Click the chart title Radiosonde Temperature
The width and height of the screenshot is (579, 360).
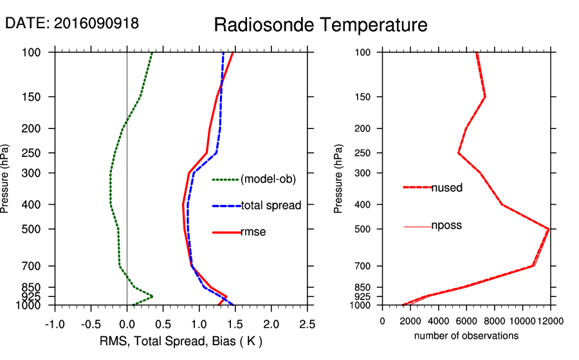pos(320,26)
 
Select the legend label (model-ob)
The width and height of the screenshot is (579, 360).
pos(268,179)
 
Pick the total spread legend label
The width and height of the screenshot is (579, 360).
pos(271,206)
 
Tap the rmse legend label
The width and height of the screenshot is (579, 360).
pos(253,232)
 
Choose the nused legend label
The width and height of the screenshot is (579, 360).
pos(446,188)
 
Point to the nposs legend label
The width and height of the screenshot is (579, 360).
pos(446,226)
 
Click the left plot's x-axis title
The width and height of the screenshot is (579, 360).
pos(181,340)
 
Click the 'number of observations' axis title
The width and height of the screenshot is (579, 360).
pos(466,336)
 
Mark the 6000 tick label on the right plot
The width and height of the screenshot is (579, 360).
pos(466,321)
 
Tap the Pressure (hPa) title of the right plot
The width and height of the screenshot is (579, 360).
pos(338,179)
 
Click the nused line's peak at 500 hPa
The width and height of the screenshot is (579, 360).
pos(549,228)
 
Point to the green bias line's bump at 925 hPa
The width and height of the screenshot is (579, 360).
pos(152,296)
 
